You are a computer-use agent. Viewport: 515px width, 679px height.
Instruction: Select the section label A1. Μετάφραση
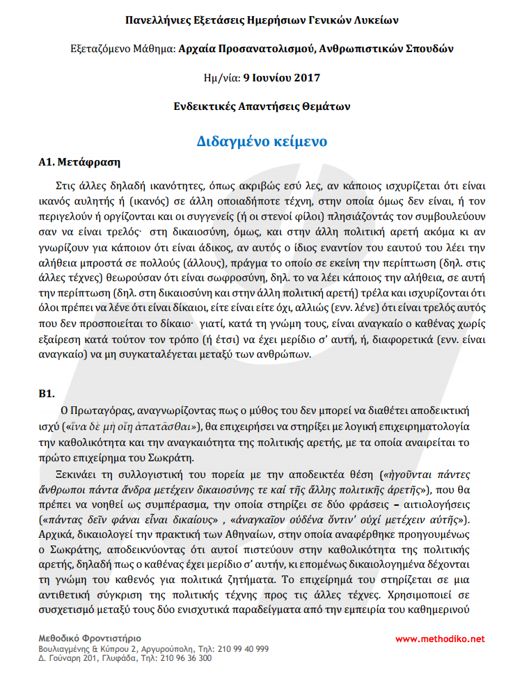click(x=79, y=163)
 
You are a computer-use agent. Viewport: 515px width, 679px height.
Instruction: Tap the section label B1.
click(x=47, y=393)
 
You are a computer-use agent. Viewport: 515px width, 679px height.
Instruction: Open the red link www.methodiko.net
click(x=440, y=639)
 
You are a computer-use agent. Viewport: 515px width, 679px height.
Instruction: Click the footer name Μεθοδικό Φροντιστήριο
click(x=90, y=637)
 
